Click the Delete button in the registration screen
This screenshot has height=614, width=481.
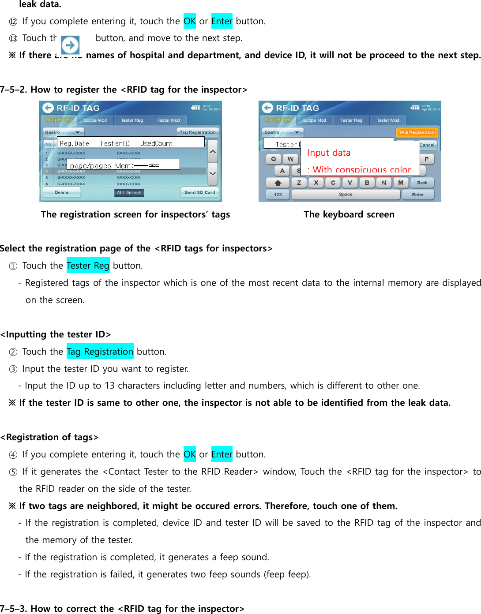click(61, 192)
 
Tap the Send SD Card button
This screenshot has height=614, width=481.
click(199, 192)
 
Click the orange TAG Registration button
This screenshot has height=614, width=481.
click(417, 132)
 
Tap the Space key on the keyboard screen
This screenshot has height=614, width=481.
click(346, 195)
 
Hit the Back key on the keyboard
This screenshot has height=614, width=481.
click(422, 183)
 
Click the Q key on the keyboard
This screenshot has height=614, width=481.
click(274, 159)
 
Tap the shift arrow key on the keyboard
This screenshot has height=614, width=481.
click(278, 183)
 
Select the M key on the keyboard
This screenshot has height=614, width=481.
click(401, 183)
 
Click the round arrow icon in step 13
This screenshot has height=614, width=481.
click(70, 45)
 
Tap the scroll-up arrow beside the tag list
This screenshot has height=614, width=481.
click(213, 151)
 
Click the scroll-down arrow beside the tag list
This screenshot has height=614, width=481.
click(213, 173)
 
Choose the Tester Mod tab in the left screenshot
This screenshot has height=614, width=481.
click(169, 120)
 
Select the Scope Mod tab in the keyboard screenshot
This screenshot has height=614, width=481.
click(315, 120)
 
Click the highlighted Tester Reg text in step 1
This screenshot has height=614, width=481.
click(88, 266)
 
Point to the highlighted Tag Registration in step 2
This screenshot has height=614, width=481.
click(100, 352)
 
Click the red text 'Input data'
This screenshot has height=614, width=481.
click(329, 153)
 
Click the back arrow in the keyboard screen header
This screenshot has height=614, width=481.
click(267, 108)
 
